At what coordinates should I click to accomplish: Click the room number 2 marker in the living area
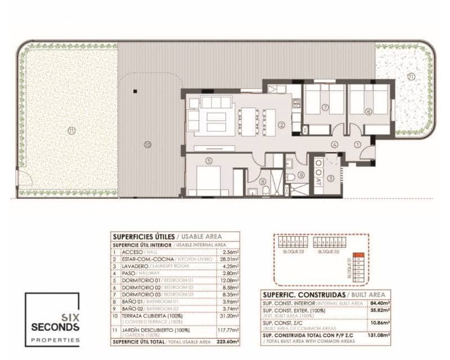coord(282,124)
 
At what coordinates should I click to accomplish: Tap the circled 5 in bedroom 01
coord(209,161)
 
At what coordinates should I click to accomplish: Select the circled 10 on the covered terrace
coord(148,145)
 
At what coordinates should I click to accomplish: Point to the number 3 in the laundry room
coord(331,178)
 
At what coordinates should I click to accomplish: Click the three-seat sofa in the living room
coord(217,102)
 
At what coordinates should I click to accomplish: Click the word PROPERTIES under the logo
coord(55,339)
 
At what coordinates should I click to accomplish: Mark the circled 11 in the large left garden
coord(70,130)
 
